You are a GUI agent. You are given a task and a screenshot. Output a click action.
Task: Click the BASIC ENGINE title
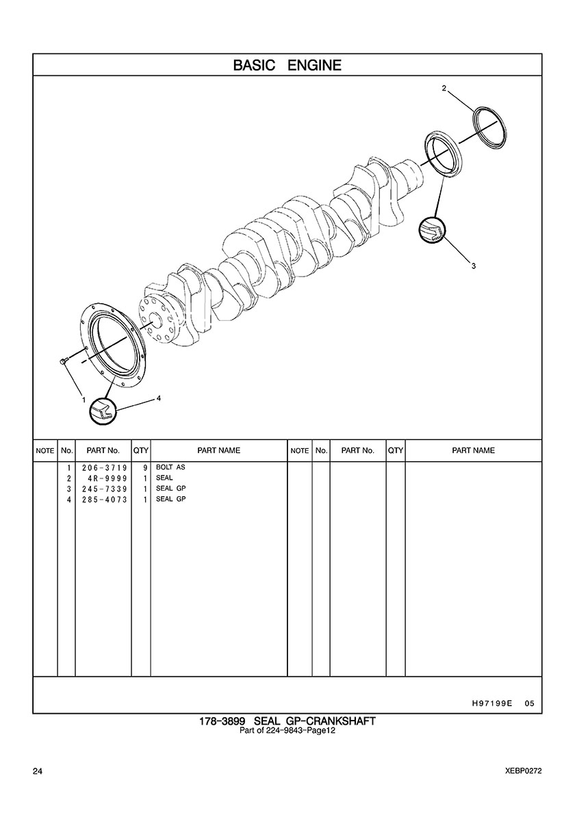287,65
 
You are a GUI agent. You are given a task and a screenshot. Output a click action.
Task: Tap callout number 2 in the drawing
444,88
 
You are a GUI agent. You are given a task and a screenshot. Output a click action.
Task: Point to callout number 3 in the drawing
474,266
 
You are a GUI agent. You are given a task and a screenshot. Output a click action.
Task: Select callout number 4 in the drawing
159,399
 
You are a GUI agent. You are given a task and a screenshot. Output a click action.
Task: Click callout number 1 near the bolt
83,400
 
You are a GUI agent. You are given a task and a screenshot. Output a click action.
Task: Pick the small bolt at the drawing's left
63,361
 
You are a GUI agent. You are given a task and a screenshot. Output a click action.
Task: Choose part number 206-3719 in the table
104,467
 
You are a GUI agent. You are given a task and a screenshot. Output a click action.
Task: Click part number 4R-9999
107,478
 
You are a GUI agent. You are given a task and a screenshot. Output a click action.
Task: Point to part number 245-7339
104,489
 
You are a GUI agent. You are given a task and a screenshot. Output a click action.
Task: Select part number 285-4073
104,500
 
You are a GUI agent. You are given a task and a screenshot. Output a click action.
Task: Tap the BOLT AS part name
170,467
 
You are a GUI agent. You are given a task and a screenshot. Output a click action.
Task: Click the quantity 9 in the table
145,467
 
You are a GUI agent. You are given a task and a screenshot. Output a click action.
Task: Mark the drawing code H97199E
491,704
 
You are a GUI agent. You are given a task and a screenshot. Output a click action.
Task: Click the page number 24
37,771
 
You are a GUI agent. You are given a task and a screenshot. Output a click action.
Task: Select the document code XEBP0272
523,771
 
